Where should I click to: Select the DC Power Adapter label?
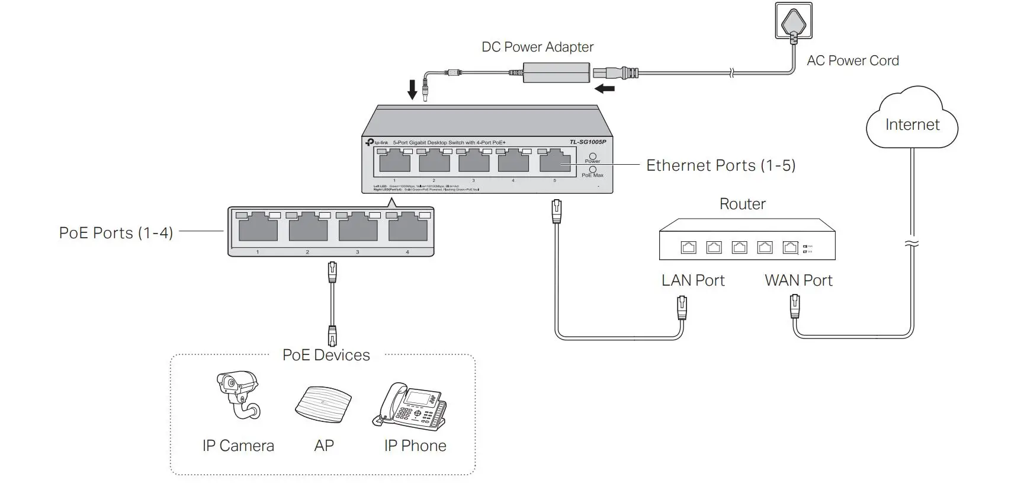537,47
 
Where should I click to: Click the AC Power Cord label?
852,60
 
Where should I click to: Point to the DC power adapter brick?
557,73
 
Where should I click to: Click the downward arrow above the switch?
413,89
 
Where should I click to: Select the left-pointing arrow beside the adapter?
605,89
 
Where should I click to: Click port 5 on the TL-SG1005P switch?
555,161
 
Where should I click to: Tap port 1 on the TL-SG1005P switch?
394,161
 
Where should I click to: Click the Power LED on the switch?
592,156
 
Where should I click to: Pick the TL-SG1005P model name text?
588,142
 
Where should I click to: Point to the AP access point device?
323,404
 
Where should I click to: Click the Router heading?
742,204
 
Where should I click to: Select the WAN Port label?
798,280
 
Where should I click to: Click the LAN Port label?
693,280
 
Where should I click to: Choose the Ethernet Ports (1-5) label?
720,165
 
